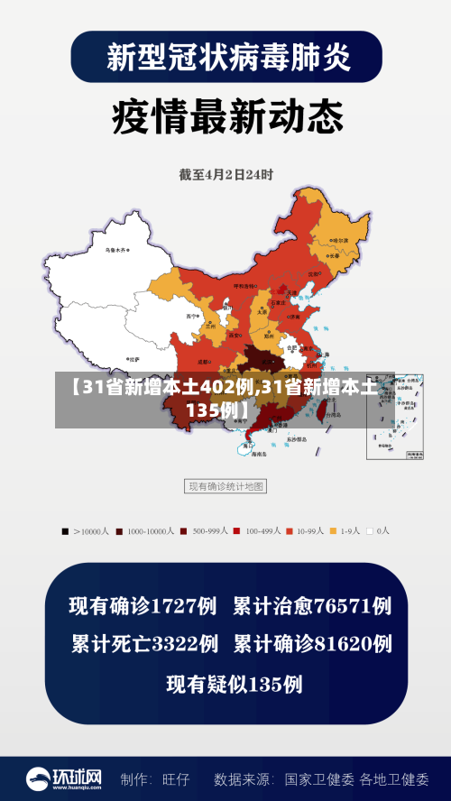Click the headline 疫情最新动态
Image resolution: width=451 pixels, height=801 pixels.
pos(226,115)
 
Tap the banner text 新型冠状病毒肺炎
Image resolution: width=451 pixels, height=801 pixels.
pos(226,57)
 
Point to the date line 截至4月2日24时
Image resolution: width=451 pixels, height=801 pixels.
pos(225,173)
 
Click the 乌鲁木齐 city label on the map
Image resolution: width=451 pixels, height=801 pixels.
pos(115,250)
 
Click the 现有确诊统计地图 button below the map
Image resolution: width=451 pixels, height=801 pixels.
pos(225,487)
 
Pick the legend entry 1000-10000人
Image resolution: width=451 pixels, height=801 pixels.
pos(144,531)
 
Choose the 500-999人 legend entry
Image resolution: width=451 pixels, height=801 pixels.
pos(205,531)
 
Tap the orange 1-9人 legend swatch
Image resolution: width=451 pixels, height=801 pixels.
pos(332,531)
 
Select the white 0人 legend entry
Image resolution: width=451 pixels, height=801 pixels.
pos(371,531)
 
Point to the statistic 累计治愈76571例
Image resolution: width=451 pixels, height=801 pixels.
pos(312,605)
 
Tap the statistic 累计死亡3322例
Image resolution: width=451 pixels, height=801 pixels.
pos(144,644)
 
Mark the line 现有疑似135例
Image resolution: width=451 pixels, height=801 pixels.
pos(234,684)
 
